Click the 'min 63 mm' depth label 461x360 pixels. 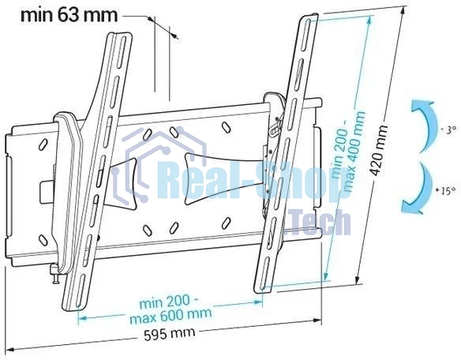(x=59, y=14)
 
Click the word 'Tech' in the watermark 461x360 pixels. (x=319, y=223)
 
